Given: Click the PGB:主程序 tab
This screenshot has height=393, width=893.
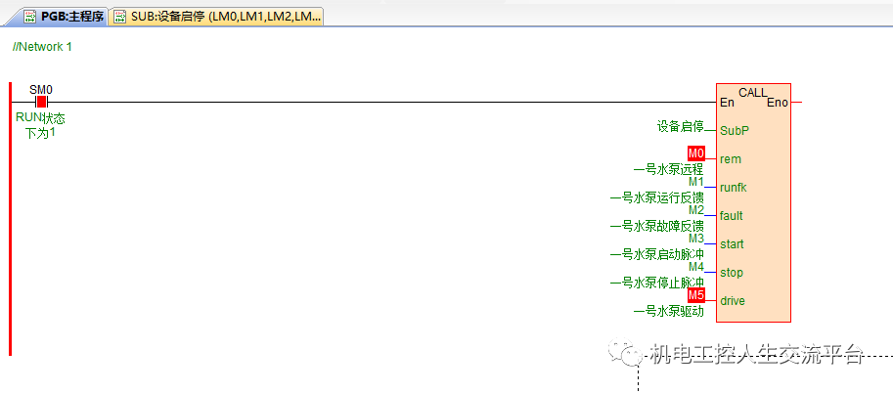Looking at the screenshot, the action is pyautogui.click(x=63, y=17).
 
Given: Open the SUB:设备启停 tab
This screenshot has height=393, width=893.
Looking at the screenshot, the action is pyautogui.click(x=216, y=17).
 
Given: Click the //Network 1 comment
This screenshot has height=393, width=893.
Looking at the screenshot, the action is pyautogui.click(x=42, y=47).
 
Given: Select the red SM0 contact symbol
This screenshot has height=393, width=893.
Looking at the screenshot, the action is pyautogui.click(x=41, y=102).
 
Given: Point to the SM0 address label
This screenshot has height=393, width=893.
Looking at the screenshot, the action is pyautogui.click(x=41, y=90).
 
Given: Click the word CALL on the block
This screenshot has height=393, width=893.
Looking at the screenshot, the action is pyautogui.click(x=753, y=93).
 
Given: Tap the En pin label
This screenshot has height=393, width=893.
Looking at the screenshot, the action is pyautogui.click(x=727, y=103).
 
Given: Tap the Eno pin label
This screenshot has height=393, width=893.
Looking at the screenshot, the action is pyautogui.click(x=778, y=103).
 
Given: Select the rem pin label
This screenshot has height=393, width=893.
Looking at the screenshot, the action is pyautogui.click(x=730, y=158).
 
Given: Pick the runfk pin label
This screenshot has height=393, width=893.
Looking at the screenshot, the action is pyautogui.click(x=734, y=187).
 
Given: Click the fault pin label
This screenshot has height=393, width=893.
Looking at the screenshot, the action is pyautogui.click(x=731, y=215).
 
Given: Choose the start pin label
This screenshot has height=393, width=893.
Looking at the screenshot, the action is pyautogui.click(x=732, y=243).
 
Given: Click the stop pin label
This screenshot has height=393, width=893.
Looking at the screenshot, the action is pyautogui.click(x=731, y=272).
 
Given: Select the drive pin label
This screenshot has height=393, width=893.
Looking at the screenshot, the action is pyautogui.click(x=733, y=300).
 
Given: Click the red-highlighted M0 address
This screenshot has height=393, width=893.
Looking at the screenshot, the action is pyautogui.click(x=695, y=153).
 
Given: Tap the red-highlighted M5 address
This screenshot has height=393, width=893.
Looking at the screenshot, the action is pyautogui.click(x=695, y=294).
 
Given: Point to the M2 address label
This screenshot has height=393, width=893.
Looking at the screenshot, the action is pyautogui.click(x=695, y=209).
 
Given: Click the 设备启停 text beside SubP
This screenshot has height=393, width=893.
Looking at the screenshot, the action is pyautogui.click(x=681, y=126).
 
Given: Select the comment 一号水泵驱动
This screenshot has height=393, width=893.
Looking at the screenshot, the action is pyautogui.click(x=668, y=311).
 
